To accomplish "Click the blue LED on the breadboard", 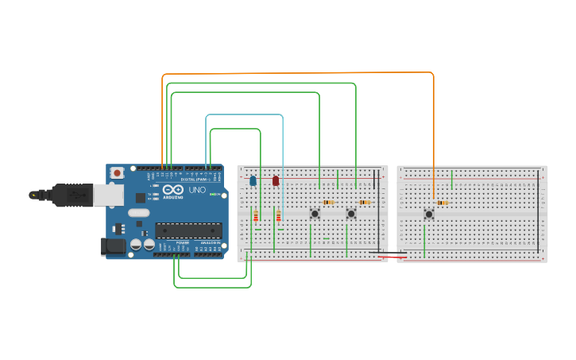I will pos(253,180).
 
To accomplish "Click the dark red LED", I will pos(276,180).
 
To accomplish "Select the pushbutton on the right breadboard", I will pos(428,214).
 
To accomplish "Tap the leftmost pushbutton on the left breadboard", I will pos(315,213).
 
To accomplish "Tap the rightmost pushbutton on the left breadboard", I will pos(350,213).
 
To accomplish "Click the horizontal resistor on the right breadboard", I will pos(443,203).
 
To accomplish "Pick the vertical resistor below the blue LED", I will pos(256,216).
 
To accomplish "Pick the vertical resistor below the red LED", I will pos(279,216).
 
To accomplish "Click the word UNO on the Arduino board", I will pos(197,190).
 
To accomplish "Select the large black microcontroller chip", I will pos(188,230).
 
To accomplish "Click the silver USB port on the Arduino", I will pos(107,194).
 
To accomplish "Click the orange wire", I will pos(298,73).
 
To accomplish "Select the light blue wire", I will pos(245,114).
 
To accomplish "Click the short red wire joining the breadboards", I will pos(392,257).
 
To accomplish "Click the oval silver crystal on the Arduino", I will pos(138,212).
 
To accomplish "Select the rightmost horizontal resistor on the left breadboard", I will pos(365,202).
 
